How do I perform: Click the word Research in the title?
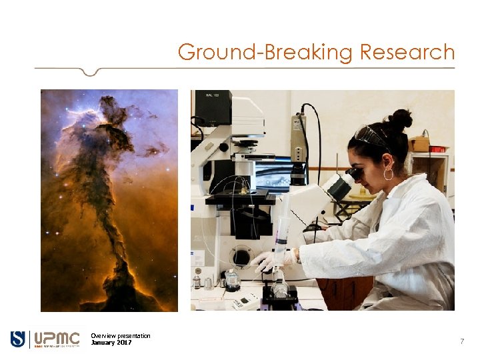(x=407, y=52)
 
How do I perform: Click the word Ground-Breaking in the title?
(x=266, y=52)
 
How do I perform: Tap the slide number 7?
(x=461, y=341)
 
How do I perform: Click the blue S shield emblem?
(x=18, y=339)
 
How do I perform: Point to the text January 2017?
(x=111, y=343)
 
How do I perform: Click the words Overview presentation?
(x=121, y=335)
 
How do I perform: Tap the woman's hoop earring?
(x=388, y=174)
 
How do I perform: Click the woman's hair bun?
(x=401, y=120)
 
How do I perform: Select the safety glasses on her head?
(x=371, y=136)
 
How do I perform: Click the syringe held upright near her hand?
(x=282, y=223)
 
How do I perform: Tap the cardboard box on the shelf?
(x=419, y=143)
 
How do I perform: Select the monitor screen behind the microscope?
(x=272, y=173)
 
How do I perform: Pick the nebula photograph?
(x=109, y=200)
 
